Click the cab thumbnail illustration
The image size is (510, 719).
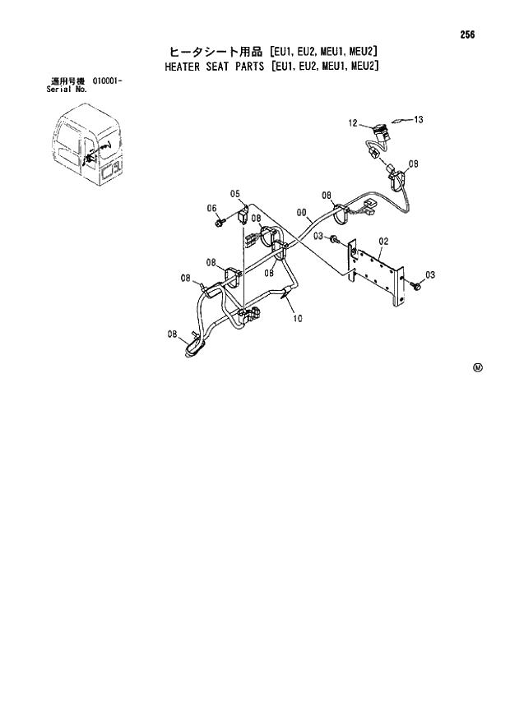[86, 150]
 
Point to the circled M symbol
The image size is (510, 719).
[477, 367]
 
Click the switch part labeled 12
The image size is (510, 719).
[379, 131]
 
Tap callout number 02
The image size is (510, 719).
[382, 241]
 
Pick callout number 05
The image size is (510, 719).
[234, 195]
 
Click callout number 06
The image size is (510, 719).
[211, 209]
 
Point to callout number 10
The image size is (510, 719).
[297, 320]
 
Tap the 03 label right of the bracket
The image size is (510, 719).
[429, 274]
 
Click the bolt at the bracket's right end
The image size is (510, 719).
[416, 284]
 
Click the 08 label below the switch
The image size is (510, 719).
[413, 164]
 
